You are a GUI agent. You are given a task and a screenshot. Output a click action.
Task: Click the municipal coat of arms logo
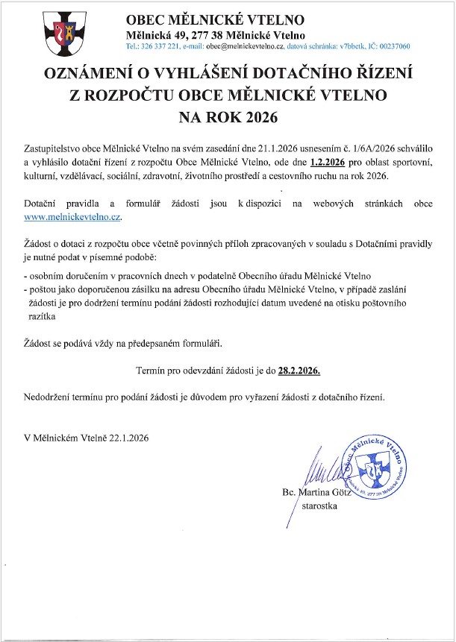click(x=61, y=32)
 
